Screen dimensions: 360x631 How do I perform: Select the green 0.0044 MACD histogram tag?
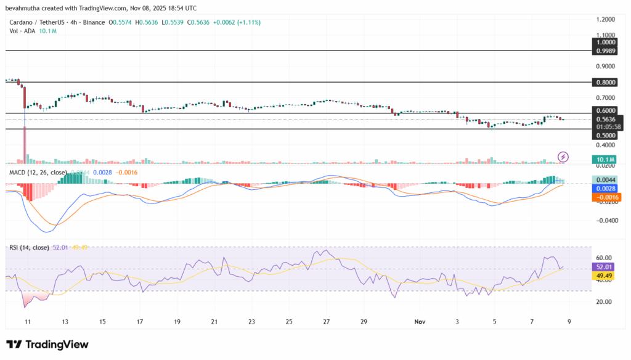click(606, 179)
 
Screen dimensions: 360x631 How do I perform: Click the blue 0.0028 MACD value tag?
click(606, 188)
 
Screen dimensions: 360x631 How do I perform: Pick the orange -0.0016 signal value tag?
click(606, 197)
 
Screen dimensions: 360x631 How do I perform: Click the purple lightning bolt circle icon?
click(563, 157)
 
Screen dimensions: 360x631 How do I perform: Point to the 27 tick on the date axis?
click(327, 322)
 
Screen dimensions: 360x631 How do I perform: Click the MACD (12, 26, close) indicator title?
click(36, 172)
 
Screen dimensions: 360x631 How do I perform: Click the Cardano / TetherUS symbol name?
click(36, 22)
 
